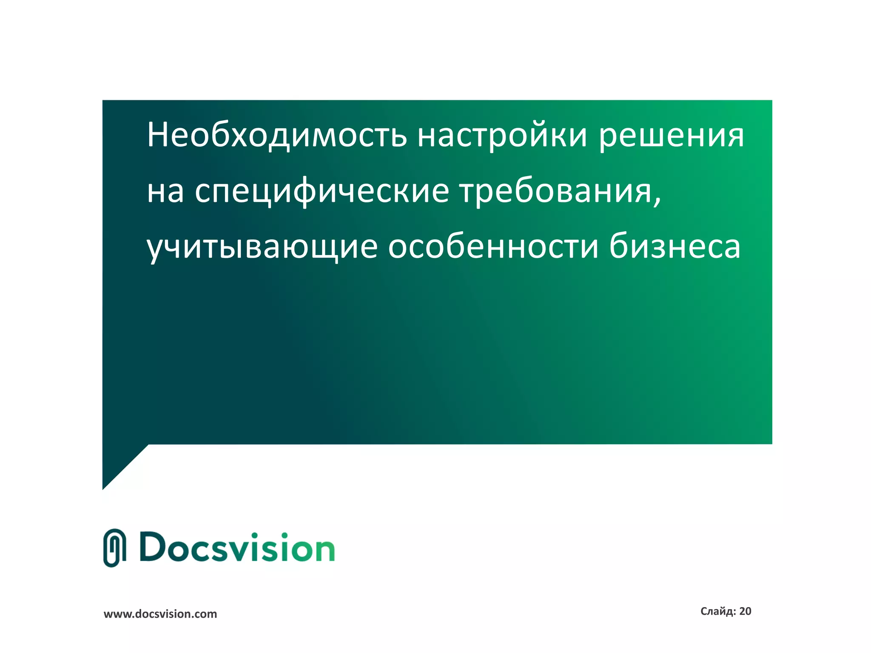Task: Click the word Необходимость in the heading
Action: (x=277, y=135)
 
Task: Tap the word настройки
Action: (x=502, y=135)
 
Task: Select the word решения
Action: (x=672, y=135)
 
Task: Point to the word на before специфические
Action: (x=165, y=191)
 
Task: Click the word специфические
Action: (x=322, y=191)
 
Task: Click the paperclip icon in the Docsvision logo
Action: (x=115, y=548)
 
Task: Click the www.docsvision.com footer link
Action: (x=160, y=614)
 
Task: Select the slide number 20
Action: (x=745, y=611)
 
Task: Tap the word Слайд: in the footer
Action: (x=718, y=611)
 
